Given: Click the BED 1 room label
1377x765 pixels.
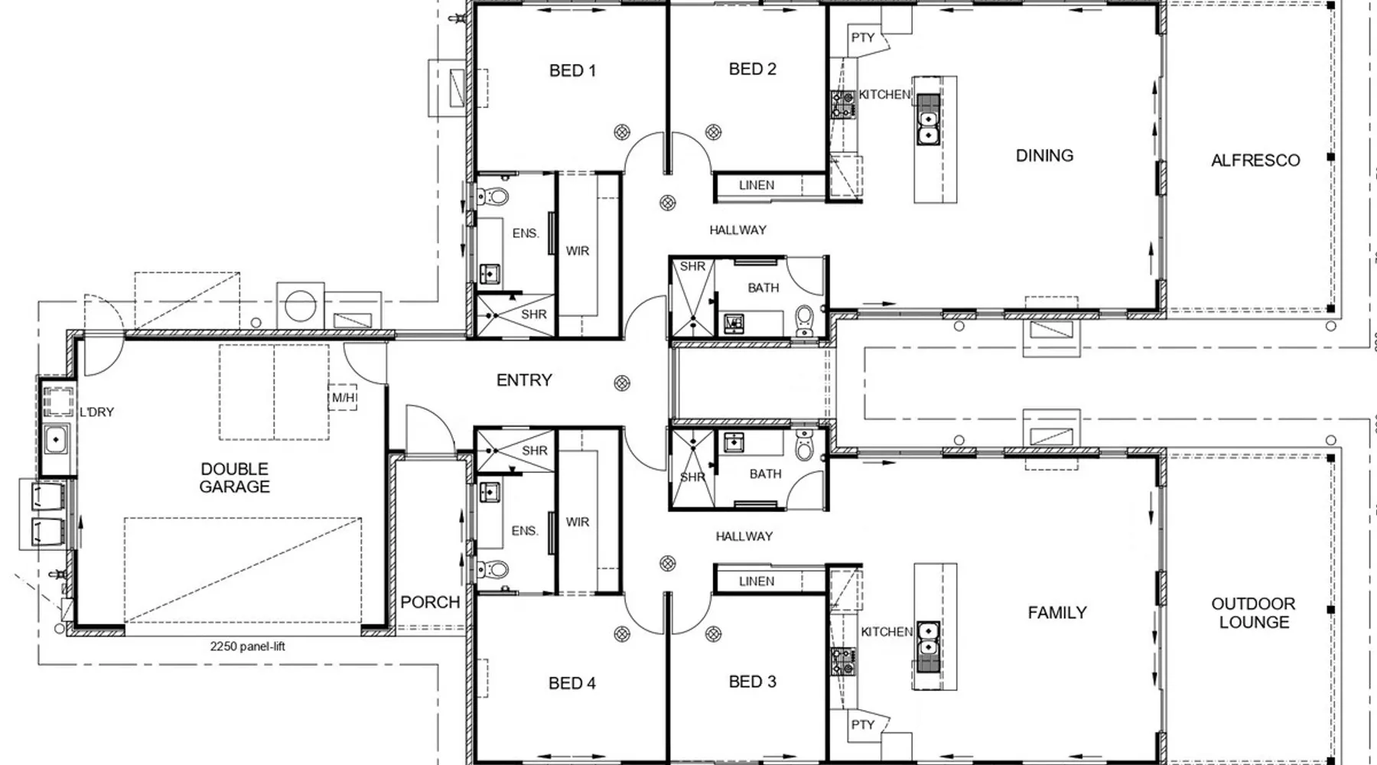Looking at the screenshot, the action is click(x=572, y=70).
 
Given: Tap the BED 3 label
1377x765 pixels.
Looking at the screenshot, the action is click(x=753, y=682).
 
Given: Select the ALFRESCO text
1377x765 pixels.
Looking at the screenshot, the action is click(x=1255, y=161).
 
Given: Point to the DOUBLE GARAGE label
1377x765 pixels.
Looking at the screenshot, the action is click(x=235, y=477).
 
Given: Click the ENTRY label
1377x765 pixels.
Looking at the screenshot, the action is click(x=524, y=380).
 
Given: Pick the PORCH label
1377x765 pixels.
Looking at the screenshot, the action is click(x=430, y=602).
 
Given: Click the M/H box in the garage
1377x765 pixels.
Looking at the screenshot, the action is click(x=343, y=398).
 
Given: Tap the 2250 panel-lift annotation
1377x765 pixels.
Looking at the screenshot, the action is click(x=248, y=646).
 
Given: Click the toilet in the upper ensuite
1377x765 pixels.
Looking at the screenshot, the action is click(x=494, y=197).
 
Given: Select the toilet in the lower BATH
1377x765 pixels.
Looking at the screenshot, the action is click(x=804, y=445).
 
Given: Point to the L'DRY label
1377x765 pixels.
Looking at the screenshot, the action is click(x=96, y=412).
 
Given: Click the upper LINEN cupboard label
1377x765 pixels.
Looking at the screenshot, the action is click(x=757, y=185).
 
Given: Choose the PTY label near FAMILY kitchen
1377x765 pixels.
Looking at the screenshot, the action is click(x=862, y=724).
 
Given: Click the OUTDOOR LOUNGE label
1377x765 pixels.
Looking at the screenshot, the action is click(x=1254, y=614).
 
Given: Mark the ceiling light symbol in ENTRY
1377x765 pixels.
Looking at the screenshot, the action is click(x=623, y=383).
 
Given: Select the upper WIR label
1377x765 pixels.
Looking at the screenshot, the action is click(x=578, y=251).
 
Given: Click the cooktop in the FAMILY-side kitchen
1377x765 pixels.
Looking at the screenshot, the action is click(x=843, y=661).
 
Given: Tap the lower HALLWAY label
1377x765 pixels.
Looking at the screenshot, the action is click(x=744, y=537).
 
